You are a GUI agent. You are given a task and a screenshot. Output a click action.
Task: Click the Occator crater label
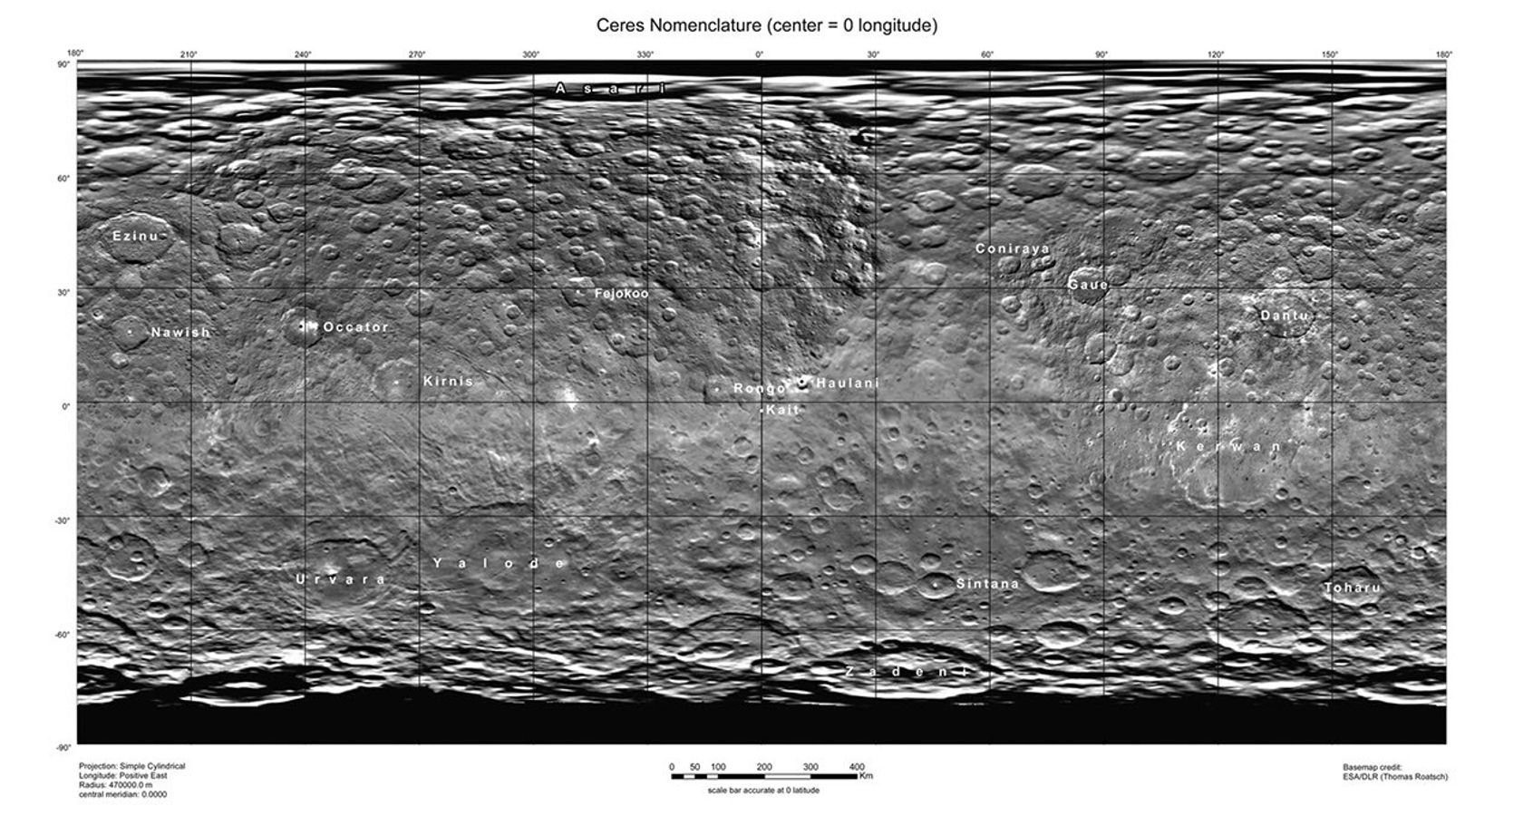pyautogui.click(x=356, y=327)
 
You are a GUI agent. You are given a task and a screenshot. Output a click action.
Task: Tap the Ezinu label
pyautogui.click(x=135, y=237)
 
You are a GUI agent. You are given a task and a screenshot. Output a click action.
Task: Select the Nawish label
pyautogui.click(x=180, y=333)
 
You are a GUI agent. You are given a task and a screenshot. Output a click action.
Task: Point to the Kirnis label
pyautogui.click(x=449, y=382)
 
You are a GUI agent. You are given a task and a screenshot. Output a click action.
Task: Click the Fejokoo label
pyautogui.click(x=622, y=294)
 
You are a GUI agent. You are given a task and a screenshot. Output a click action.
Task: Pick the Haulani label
pyautogui.click(x=848, y=384)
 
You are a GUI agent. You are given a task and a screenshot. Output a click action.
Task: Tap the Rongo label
pyautogui.click(x=760, y=389)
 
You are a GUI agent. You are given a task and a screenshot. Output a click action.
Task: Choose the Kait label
pyautogui.click(x=783, y=410)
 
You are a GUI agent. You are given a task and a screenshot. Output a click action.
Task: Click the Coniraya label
pyautogui.click(x=1013, y=248)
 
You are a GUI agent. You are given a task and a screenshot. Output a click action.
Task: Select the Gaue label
pyautogui.click(x=1088, y=285)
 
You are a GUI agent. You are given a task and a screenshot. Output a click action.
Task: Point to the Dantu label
pyautogui.click(x=1285, y=316)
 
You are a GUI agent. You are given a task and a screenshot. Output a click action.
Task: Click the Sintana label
pyautogui.click(x=988, y=584)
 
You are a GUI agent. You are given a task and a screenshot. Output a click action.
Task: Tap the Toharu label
pyautogui.click(x=1354, y=588)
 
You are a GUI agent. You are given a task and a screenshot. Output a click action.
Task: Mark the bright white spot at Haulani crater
pyautogui.click(x=802, y=382)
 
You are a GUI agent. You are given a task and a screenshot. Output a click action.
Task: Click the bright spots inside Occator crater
pyautogui.click(x=305, y=325)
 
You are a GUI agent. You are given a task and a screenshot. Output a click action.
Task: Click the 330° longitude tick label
pyautogui.click(x=645, y=55)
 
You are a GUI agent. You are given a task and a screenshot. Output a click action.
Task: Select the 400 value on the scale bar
pyautogui.click(x=857, y=767)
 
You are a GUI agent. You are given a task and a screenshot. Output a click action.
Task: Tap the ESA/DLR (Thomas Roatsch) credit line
pyautogui.click(x=1395, y=777)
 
